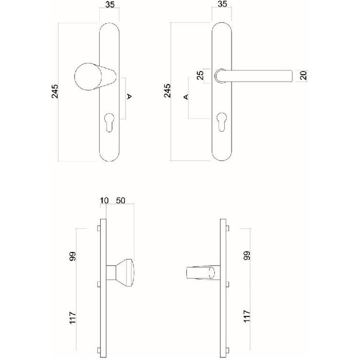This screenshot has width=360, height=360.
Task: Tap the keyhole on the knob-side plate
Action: point(109,120)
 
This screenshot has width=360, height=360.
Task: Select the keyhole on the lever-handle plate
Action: point(223,120)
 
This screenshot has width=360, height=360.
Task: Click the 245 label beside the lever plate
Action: point(167,92)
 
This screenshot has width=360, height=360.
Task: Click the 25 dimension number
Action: point(200,75)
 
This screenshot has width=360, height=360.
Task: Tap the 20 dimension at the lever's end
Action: point(303,76)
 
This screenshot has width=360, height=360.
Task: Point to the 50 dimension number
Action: point(121,200)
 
